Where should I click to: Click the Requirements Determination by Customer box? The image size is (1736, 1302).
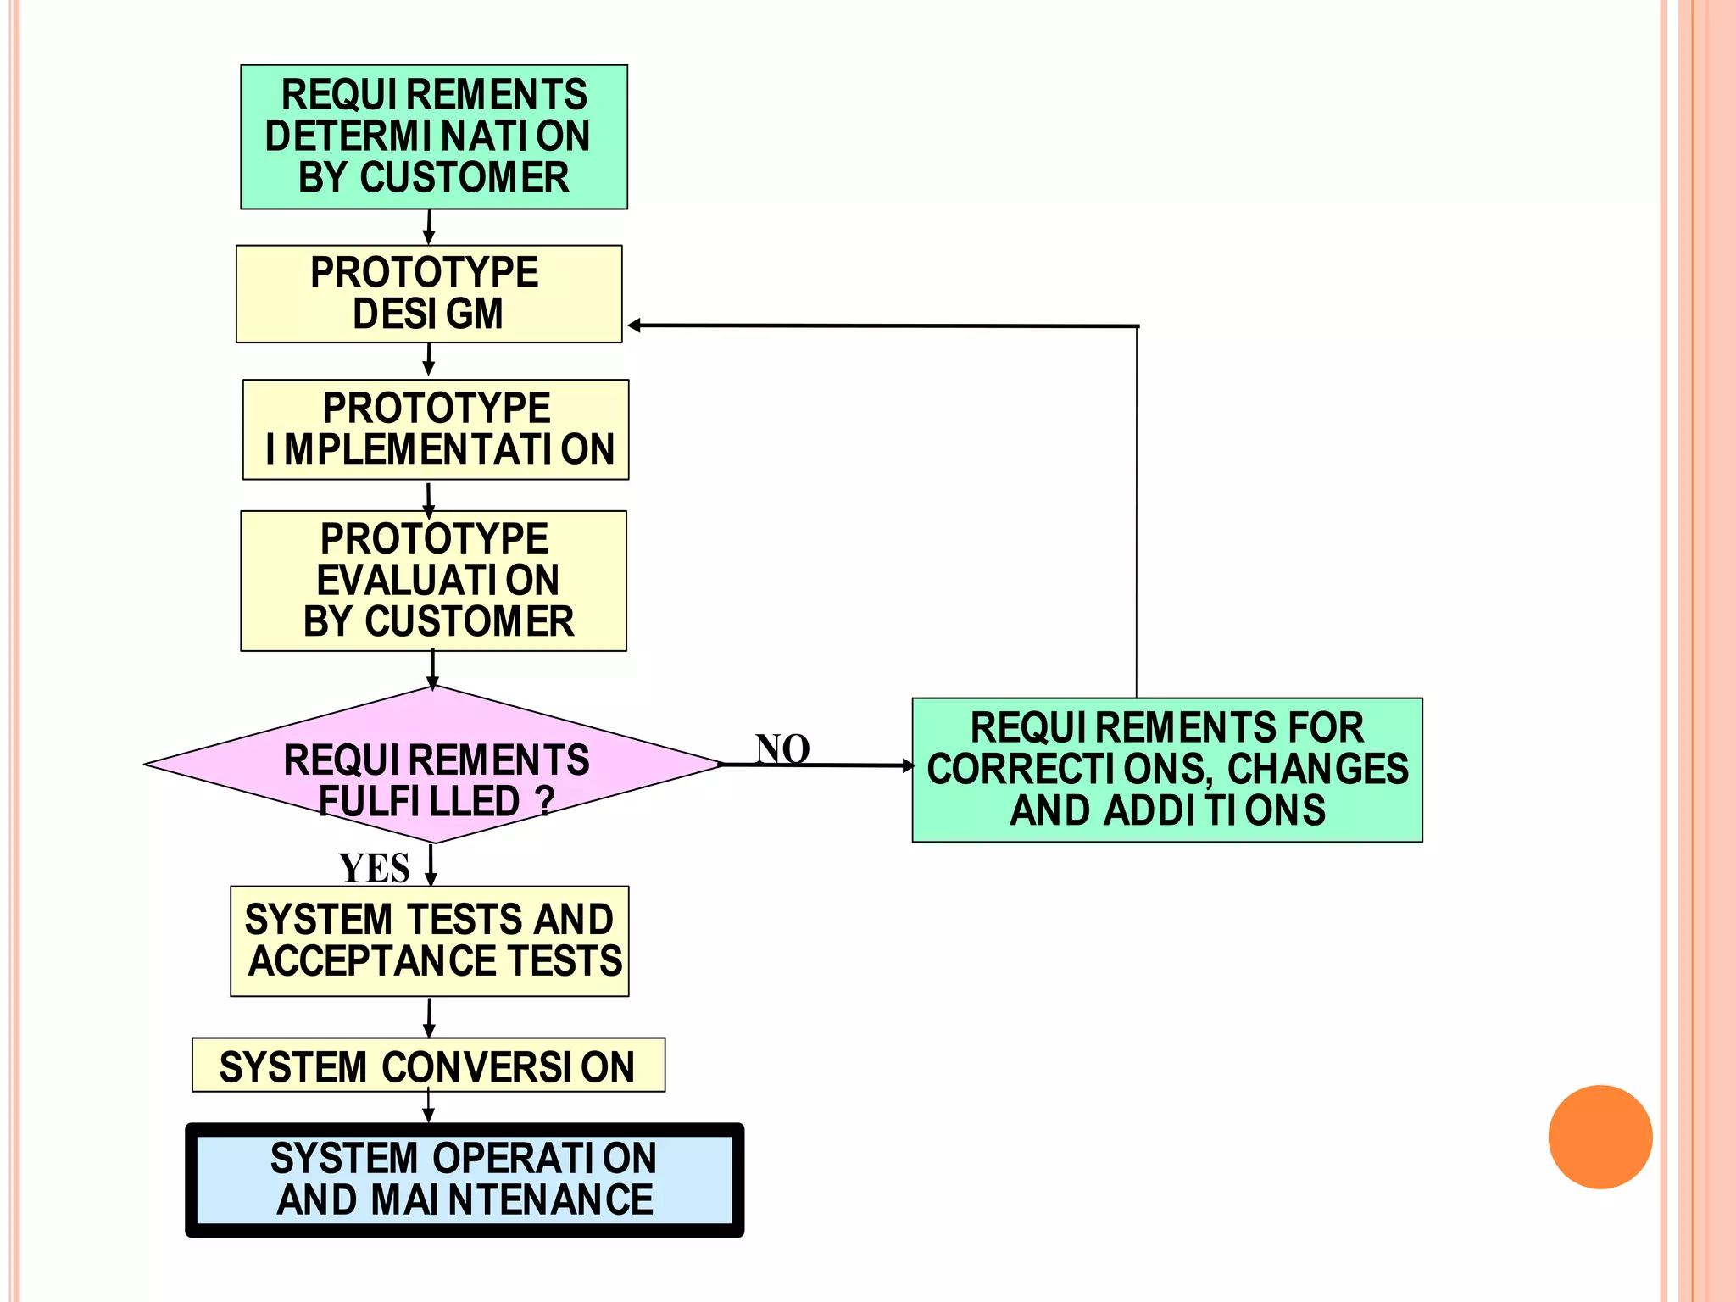click(x=433, y=136)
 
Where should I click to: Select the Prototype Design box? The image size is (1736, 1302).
click(x=428, y=293)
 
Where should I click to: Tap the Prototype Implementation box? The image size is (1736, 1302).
click(x=436, y=430)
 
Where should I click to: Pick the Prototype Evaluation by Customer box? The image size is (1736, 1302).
click(x=433, y=581)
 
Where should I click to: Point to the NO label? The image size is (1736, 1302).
click(x=782, y=749)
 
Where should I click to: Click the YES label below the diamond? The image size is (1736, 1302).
click(x=374, y=868)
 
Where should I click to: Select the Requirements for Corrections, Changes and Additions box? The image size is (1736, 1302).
click(x=1166, y=770)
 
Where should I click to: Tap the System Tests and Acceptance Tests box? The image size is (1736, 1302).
click(x=430, y=941)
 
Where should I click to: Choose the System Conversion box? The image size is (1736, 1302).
click(x=428, y=1066)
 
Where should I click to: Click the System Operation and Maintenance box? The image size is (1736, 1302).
click(x=464, y=1179)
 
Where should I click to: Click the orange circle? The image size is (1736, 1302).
click(x=1600, y=1137)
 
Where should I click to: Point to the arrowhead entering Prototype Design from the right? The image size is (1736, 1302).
click(x=634, y=325)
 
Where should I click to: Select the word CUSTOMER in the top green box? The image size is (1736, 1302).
click(x=464, y=178)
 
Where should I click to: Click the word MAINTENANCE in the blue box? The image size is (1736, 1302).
click(x=511, y=1200)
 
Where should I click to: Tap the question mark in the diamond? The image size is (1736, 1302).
click(x=545, y=800)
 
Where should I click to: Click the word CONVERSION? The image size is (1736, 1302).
click(x=507, y=1067)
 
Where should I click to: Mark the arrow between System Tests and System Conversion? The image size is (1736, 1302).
click(x=429, y=1017)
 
